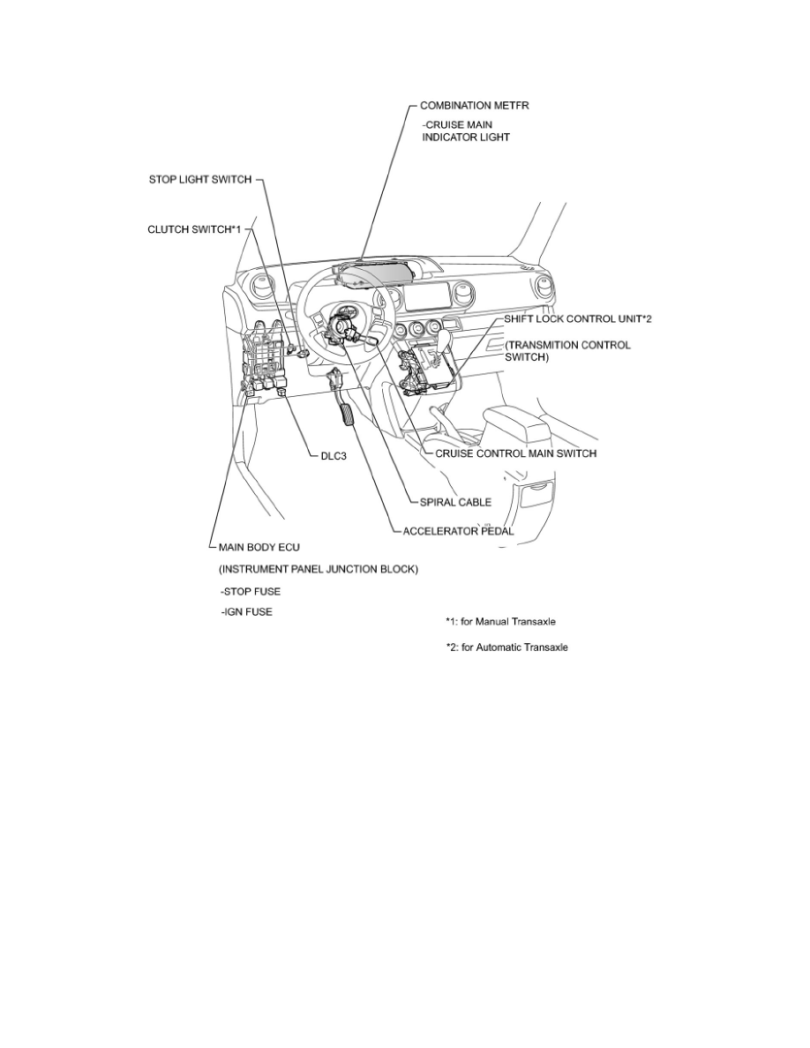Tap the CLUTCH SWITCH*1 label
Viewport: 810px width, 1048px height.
[193, 229]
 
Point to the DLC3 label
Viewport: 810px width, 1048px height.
[334, 456]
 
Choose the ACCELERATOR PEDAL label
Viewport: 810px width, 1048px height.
[457, 531]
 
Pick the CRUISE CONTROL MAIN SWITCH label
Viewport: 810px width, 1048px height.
[515, 453]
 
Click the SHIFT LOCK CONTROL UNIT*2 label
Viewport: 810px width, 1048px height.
[577, 318]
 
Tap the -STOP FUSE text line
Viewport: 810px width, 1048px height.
[251, 591]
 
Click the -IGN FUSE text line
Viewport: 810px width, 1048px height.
[247, 612]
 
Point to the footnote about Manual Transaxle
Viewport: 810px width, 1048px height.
[500, 621]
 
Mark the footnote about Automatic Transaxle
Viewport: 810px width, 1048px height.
[506, 648]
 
